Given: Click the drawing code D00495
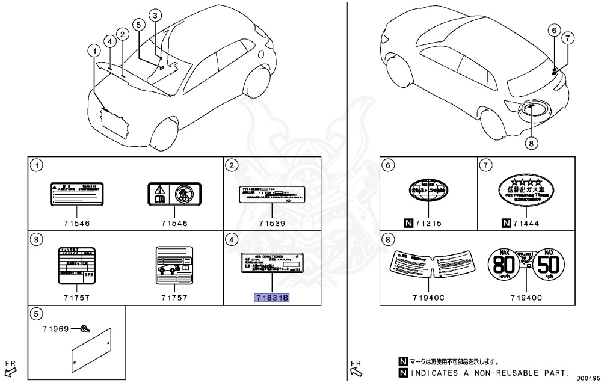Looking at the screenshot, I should (x=590, y=378).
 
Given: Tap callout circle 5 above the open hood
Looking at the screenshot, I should (x=138, y=25).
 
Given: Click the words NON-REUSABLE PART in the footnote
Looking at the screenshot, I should (x=530, y=372).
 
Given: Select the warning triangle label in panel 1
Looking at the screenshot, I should (x=174, y=195).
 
